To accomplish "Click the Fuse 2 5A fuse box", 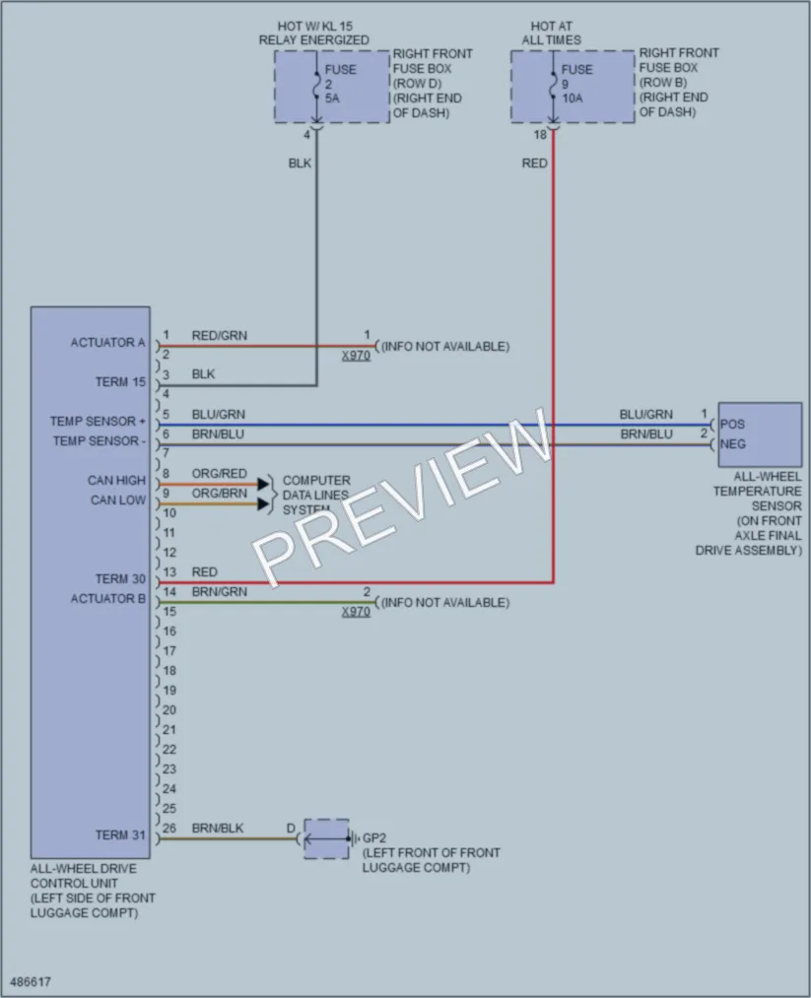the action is pyautogui.click(x=332, y=87).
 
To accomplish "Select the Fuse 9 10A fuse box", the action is pyautogui.click(x=573, y=87).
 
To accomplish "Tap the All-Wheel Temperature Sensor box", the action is pyautogui.click(x=760, y=434).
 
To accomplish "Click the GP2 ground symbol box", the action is pyautogui.click(x=326, y=838).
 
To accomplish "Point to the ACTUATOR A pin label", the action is pyautogui.click(x=107, y=343).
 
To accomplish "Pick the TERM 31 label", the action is pyautogui.click(x=120, y=835).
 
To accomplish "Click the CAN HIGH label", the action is pyautogui.click(x=116, y=481).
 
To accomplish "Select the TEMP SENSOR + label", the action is pyautogui.click(x=98, y=422).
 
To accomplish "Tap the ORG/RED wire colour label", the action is pyautogui.click(x=219, y=474).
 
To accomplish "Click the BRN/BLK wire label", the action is pyautogui.click(x=218, y=829).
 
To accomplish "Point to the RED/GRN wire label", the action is pyautogui.click(x=219, y=335).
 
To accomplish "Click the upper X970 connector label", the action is pyautogui.click(x=356, y=355).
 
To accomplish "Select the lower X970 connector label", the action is pyautogui.click(x=356, y=612).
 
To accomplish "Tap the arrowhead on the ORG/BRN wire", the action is pyautogui.click(x=263, y=504).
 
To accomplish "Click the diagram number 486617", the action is pyautogui.click(x=31, y=981).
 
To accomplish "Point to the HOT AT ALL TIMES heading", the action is pyautogui.click(x=551, y=33).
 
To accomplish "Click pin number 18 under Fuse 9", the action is pyautogui.click(x=540, y=135).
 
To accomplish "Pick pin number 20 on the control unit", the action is pyautogui.click(x=169, y=710).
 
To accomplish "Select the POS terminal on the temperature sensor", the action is pyautogui.click(x=732, y=425).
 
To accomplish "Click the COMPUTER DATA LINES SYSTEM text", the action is pyautogui.click(x=315, y=496).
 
